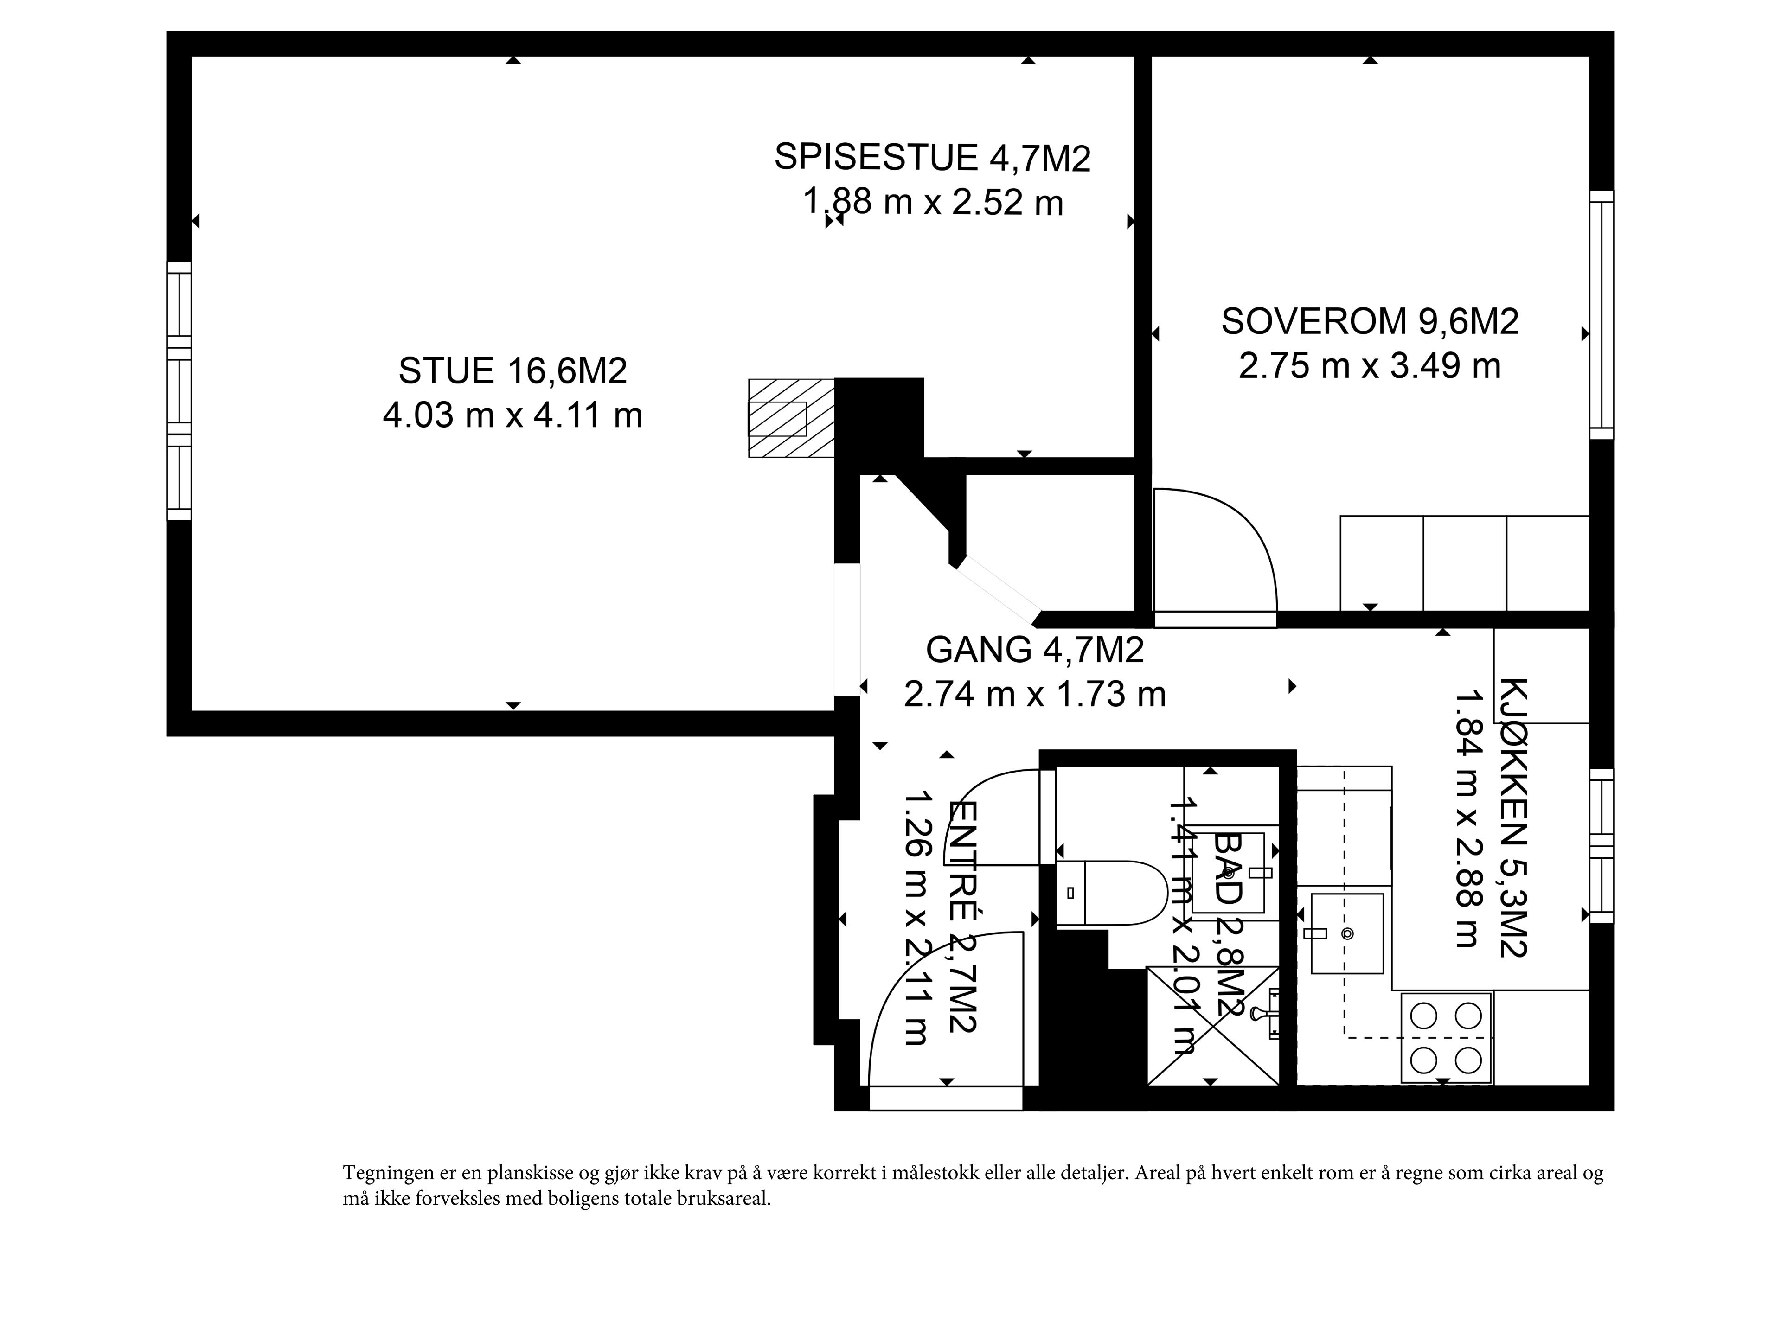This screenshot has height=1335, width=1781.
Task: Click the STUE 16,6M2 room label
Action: (x=513, y=371)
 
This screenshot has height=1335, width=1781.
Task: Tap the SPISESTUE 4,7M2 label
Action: (x=932, y=157)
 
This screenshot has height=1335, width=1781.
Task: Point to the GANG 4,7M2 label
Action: (x=1035, y=650)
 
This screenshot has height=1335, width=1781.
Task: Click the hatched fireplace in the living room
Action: (x=791, y=418)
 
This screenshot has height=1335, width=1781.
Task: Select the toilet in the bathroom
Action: (x=1111, y=892)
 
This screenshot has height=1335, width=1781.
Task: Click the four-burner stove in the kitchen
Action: (x=1447, y=1038)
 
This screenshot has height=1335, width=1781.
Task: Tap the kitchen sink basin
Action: (x=1347, y=933)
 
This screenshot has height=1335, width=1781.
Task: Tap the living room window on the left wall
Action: (x=179, y=391)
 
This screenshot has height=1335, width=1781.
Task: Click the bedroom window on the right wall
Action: (x=1602, y=315)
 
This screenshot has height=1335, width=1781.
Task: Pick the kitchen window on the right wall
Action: (x=1602, y=845)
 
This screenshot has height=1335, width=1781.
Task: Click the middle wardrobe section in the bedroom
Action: (x=1465, y=563)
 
